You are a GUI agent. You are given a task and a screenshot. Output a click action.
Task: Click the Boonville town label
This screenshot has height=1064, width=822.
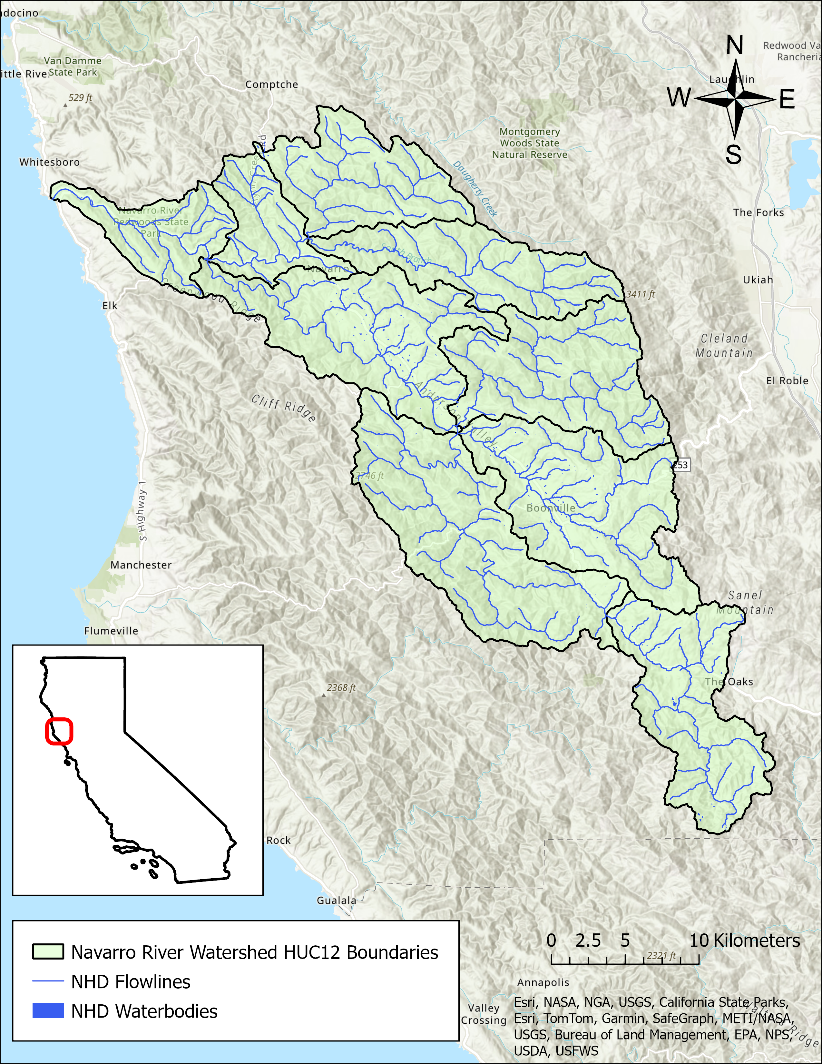551,508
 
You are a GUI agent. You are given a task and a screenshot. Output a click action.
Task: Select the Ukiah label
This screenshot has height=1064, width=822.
758,280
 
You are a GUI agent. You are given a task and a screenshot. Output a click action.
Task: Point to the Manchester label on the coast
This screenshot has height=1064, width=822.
141,565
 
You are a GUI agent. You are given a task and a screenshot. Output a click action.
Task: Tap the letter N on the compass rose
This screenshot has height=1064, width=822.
735,45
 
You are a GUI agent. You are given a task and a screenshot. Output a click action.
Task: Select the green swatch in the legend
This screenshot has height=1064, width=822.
48,952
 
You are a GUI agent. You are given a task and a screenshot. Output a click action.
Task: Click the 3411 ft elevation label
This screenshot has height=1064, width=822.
641,294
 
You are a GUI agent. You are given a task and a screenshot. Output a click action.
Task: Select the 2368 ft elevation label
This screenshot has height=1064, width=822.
341,688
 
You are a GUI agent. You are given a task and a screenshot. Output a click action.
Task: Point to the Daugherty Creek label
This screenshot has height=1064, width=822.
475,189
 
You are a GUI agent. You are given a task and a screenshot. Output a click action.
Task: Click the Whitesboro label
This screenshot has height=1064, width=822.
49,162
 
